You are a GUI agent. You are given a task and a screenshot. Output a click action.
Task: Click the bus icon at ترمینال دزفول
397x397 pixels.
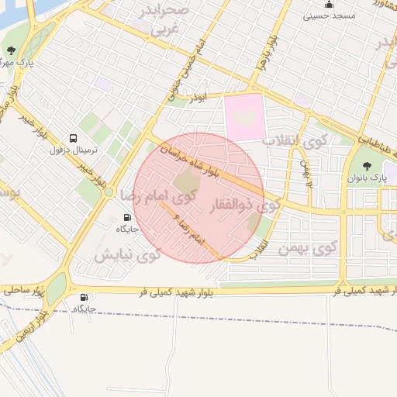pos(73,137)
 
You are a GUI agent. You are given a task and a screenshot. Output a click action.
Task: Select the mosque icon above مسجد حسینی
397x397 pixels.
pos(329,5)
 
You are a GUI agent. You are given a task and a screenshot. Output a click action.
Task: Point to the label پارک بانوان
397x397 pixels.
pos(368,180)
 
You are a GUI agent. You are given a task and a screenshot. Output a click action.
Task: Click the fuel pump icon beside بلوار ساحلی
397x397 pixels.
pos(84,296)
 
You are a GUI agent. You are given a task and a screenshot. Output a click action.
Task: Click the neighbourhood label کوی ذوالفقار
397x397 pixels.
pos(244,206)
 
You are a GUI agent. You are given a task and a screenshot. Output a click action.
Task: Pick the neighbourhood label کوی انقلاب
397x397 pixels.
pos(285,143)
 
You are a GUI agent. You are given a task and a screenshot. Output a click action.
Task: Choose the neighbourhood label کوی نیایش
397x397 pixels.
pos(127,254)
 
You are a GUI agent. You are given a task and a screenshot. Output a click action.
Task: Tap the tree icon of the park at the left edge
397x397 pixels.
pos(11,51)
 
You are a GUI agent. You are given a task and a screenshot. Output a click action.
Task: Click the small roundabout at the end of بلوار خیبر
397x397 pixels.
pos(109,192)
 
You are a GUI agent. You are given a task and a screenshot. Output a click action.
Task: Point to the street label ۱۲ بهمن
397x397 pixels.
pos(306,174)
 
